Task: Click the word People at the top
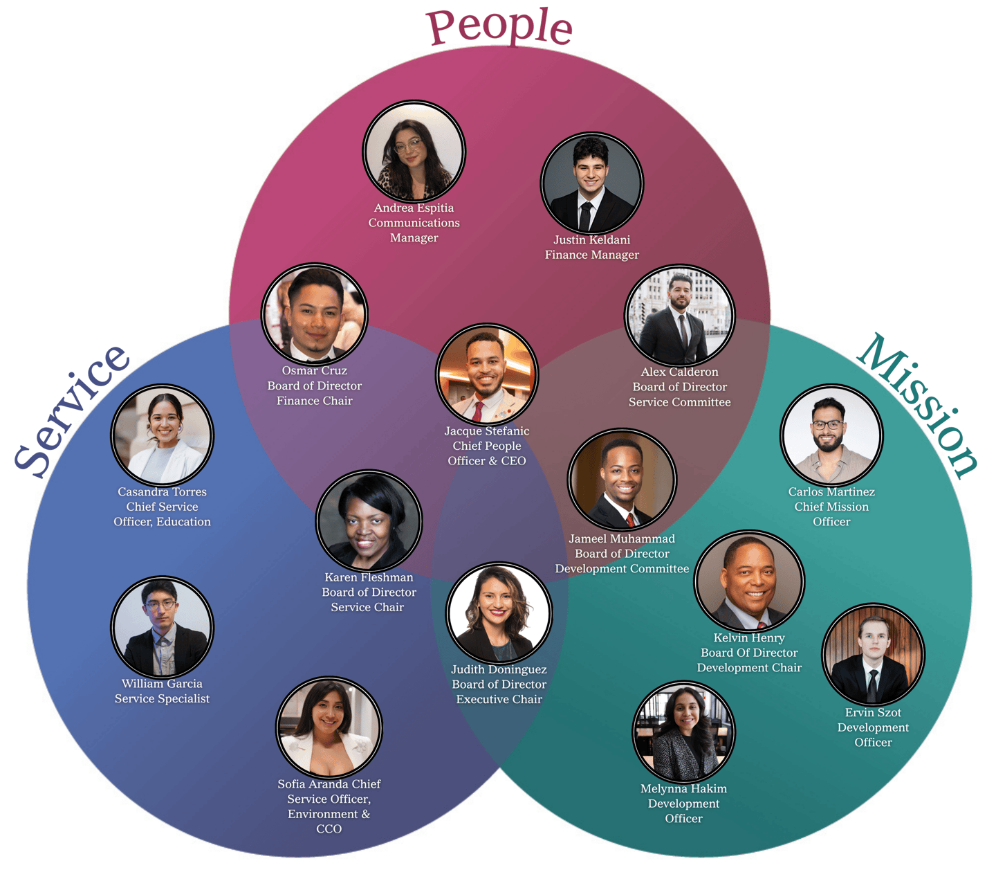coord(499,28)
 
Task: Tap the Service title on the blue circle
coord(72,411)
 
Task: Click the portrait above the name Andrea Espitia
coord(414,152)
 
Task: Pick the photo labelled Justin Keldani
coord(591,184)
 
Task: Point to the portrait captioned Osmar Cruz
coord(315,315)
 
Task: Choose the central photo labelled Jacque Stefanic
coord(487,374)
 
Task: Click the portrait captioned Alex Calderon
coord(679,316)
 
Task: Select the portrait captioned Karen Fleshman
coord(369,521)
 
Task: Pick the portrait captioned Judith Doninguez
coord(499,613)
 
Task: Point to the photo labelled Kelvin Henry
coord(749,582)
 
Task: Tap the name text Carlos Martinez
coord(831,492)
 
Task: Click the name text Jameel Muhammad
coord(622,538)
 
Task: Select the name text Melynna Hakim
coord(683,788)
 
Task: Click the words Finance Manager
coord(591,255)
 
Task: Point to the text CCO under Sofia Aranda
coord(329,828)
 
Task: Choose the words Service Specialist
coord(162,698)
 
